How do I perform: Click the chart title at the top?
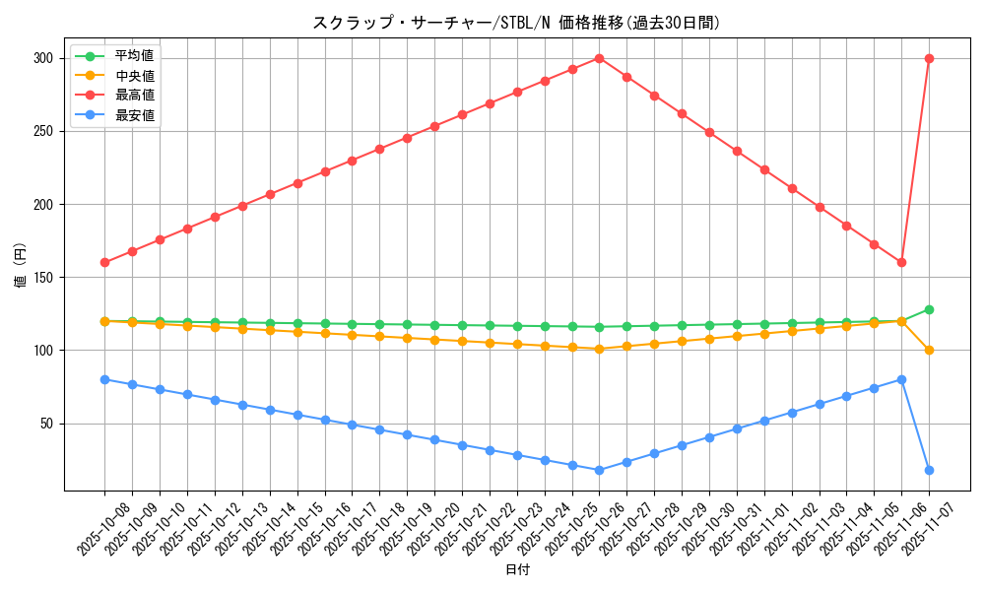[516, 23]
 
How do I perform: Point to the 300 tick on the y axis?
[41, 58]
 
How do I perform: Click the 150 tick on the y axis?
[41, 278]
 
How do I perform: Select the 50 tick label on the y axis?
[44, 424]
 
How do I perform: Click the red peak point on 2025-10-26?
[599, 58]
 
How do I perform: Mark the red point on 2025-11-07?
[929, 58]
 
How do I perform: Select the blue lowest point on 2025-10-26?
[599, 470]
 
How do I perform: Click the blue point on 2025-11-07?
[929, 470]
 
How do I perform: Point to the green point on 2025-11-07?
[929, 309]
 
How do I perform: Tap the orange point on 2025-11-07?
[929, 350]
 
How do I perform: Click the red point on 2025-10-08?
[104, 262]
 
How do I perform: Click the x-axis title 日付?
[516, 570]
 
